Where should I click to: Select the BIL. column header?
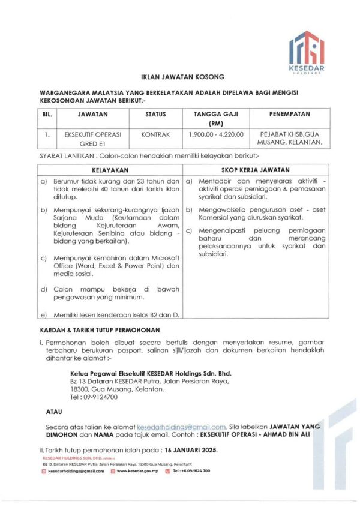pyautogui.click(x=47, y=113)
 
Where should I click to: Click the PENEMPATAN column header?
pyautogui.click(x=290, y=113)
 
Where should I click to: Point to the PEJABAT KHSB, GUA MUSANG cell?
pyautogui.click(x=290, y=139)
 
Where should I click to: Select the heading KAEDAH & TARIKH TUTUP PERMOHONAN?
pyautogui.click(x=100, y=331)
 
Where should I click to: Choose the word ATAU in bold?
pyautogui.click(x=54, y=412)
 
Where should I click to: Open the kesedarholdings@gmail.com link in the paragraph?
pyautogui.click(x=182, y=426)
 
